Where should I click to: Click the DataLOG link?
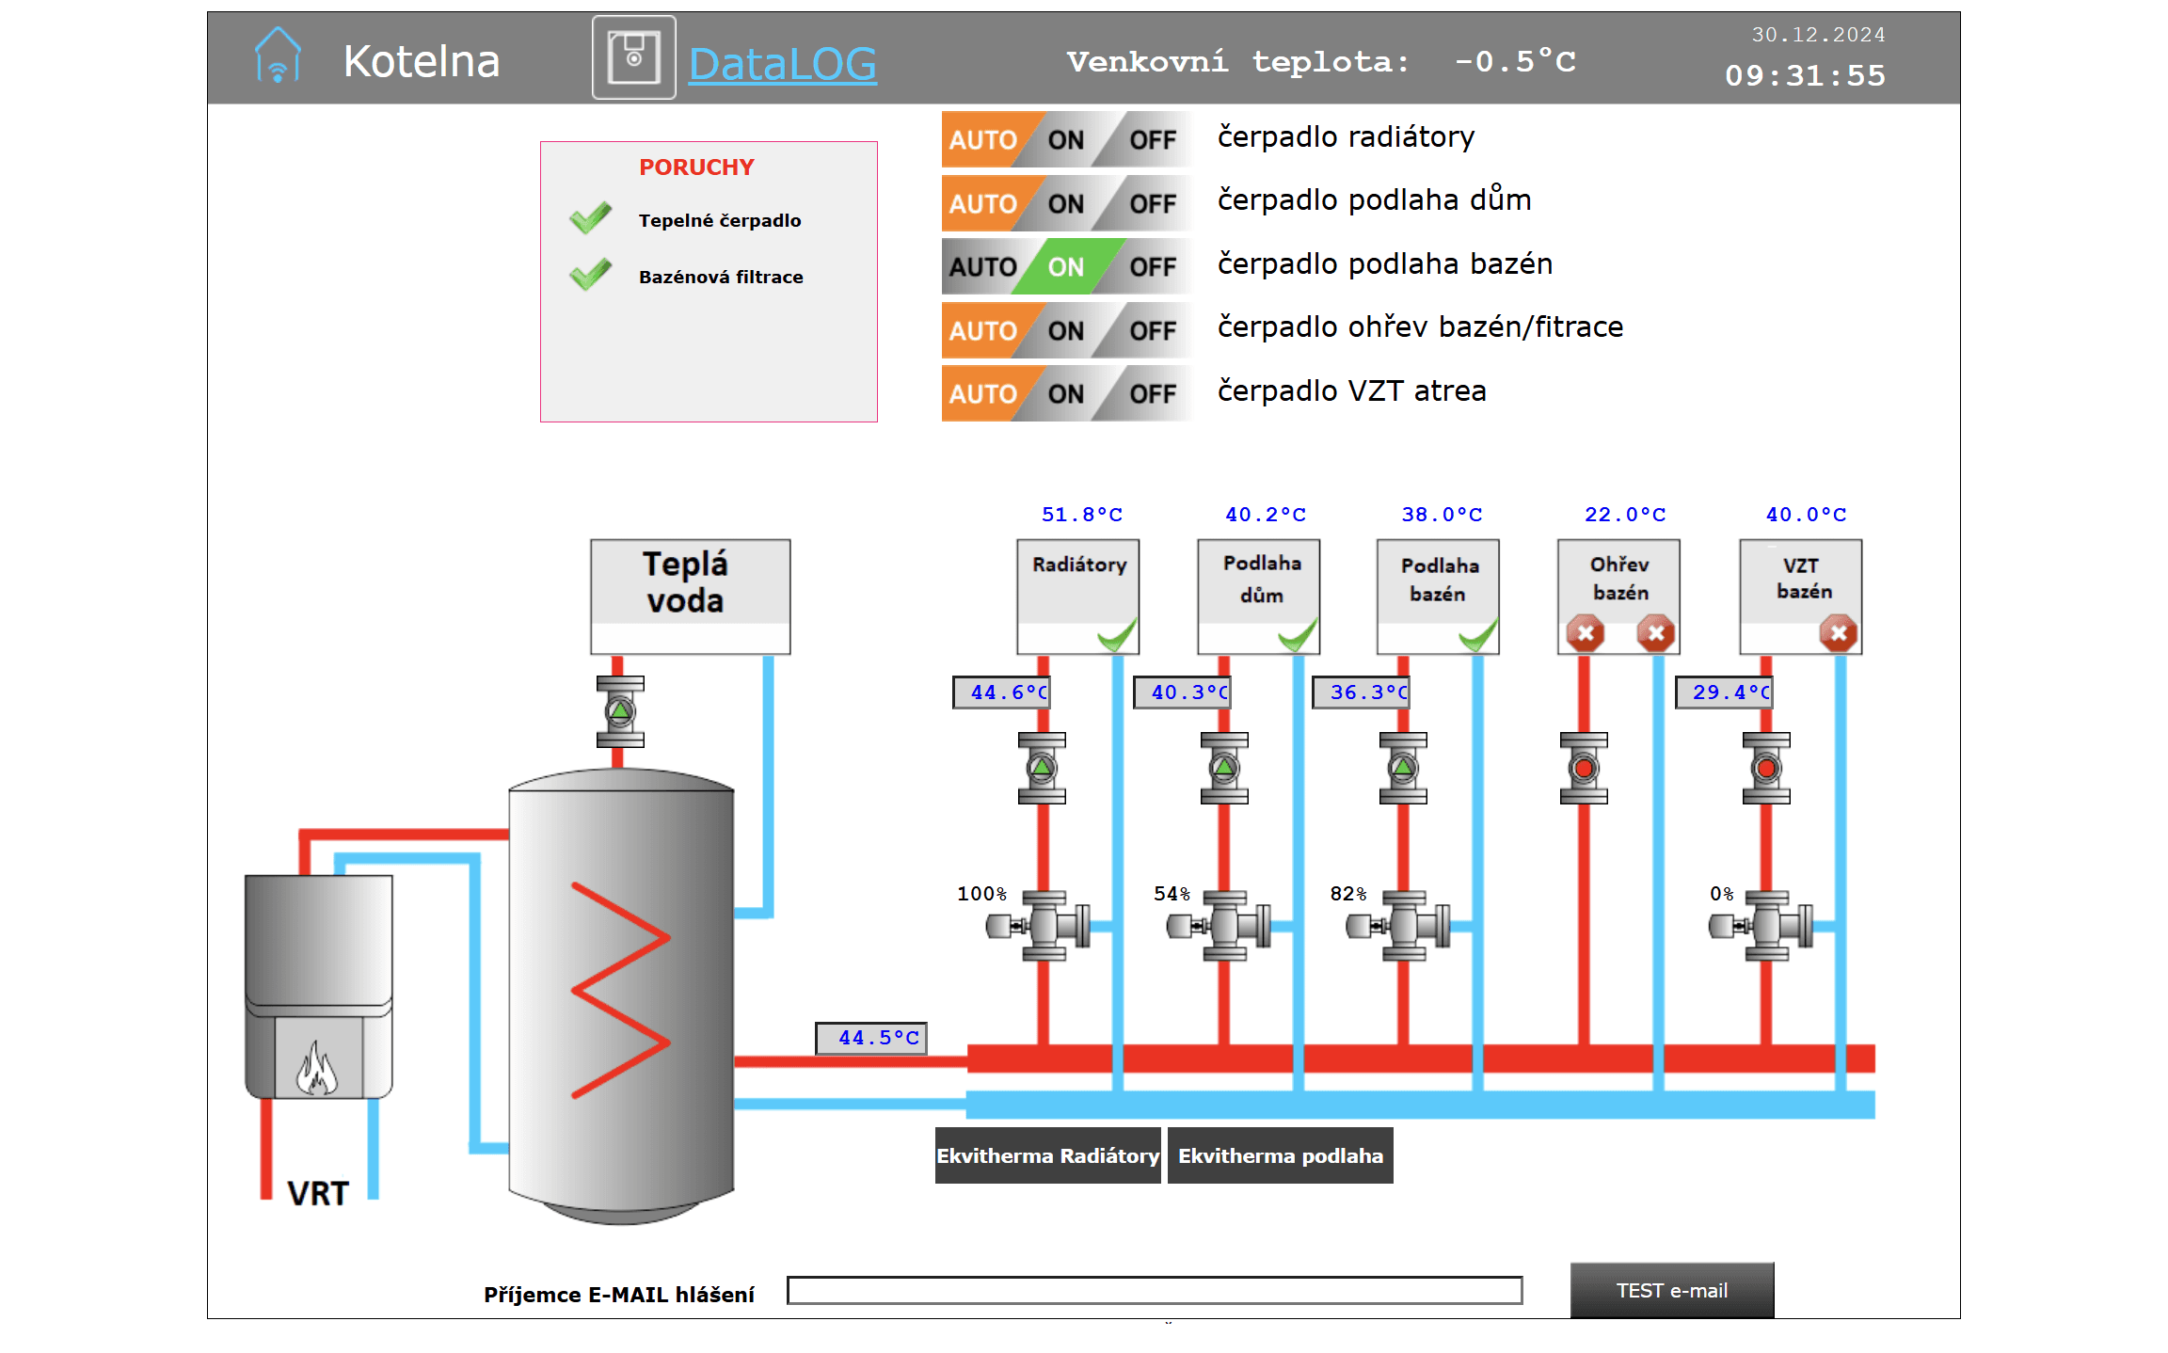click(782, 64)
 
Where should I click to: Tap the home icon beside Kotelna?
click(278, 55)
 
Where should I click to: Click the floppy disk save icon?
click(633, 57)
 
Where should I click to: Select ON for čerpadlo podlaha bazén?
click(1065, 267)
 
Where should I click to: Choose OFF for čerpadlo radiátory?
click(1151, 140)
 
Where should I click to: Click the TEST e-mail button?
click(1671, 1290)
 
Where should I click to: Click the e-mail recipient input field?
click(1155, 1290)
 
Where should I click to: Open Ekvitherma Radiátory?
click(1047, 1155)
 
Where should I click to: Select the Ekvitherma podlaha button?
click(1280, 1155)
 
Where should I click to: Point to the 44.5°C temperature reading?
click(871, 1038)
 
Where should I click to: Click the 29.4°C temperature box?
click(1724, 692)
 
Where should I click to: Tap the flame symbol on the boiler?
click(316, 1068)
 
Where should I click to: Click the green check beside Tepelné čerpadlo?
click(590, 218)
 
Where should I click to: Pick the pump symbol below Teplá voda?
click(620, 711)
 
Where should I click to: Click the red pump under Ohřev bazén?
click(1584, 769)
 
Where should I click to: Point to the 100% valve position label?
click(981, 893)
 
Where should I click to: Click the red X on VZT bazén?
click(1839, 633)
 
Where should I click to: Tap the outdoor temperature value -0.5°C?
click(1515, 62)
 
